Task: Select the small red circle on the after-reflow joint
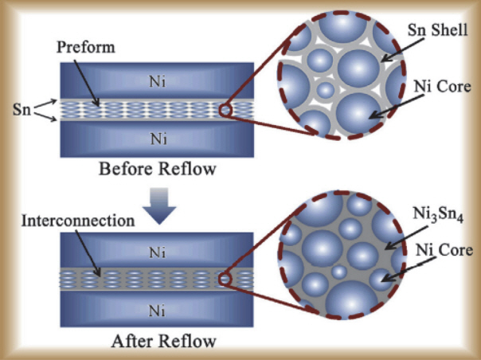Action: tap(226, 280)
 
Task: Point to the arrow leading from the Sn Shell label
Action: tap(397, 50)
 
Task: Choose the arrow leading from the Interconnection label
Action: tap(82, 252)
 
